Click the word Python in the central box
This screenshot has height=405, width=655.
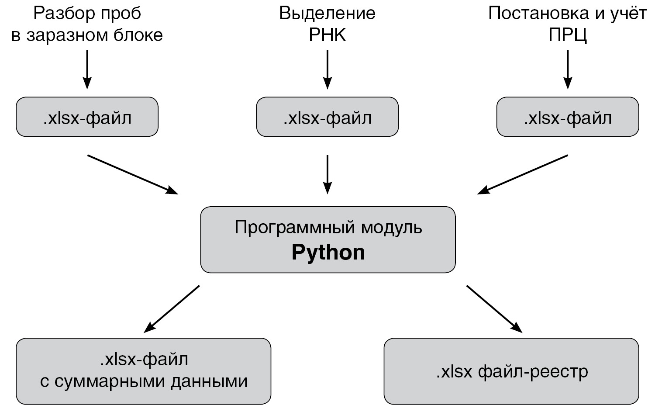click(328, 253)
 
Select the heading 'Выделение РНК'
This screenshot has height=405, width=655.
click(327, 24)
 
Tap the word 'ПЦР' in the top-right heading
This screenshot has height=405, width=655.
click(567, 35)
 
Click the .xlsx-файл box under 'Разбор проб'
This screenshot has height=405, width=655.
click(87, 117)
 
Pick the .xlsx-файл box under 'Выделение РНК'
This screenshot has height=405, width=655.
click(327, 117)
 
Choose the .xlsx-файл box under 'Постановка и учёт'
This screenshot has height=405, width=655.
click(567, 117)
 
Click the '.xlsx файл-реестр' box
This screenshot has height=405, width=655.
click(511, 371)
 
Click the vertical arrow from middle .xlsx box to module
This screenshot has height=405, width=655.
click(327, 174)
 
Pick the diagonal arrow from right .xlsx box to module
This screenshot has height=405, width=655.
click(522, 174)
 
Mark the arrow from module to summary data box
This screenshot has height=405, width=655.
click(172, 308)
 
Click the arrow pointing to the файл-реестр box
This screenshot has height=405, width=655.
click(494, 308)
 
